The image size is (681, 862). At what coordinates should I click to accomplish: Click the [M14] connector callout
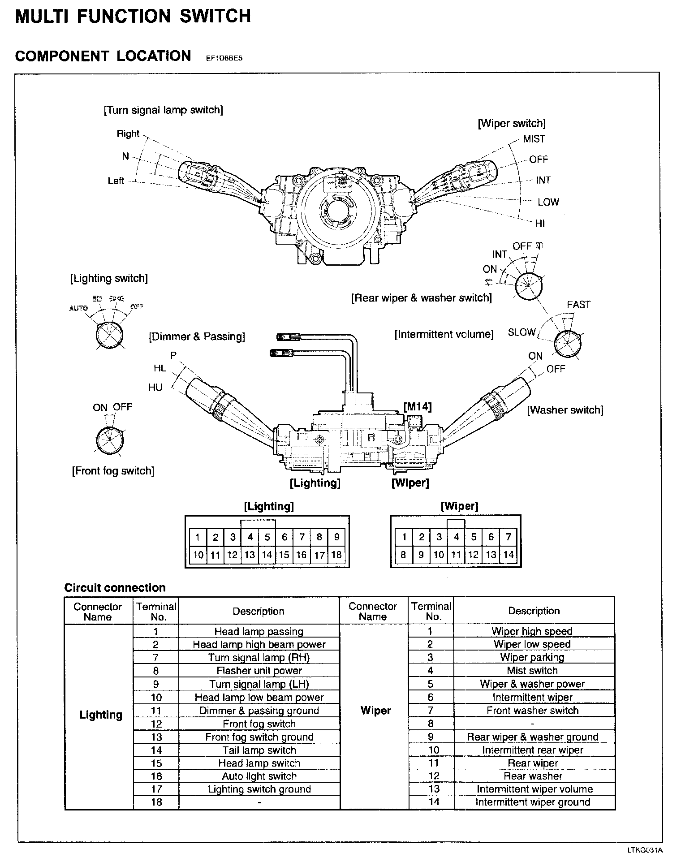pyautogui.click(x=418, y=406)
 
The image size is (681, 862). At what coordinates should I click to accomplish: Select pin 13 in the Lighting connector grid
pyautogui.click(x=250, y=555)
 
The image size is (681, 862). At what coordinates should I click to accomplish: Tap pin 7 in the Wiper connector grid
pyautogui.click(x=508, y=537)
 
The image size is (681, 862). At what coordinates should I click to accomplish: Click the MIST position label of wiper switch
pyautogui.click(x=534, y=139)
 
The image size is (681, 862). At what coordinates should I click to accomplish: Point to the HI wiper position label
pyautogui.click(x=539, y=223)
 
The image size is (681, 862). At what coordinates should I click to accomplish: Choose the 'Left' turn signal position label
pyautogui.click(x=116, y=181)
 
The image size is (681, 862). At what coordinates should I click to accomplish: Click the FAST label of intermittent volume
pyautogui.click(x=578, y=305)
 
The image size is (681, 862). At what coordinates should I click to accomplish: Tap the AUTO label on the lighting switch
pyautogui.click(x=78, y=308)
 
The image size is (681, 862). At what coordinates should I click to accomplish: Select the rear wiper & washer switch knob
pyautogui.click(x=529, y=286)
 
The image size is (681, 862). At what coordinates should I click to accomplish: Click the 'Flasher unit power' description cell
pyautogui.click(x=259, y=671)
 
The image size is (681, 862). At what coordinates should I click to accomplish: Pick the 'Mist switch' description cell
pyautogui.click(x=532, y=671)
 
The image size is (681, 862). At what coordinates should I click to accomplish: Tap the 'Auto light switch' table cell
pyautogui.click(x=259, y=776)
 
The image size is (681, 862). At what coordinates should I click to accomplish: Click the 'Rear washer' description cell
pyautogui.click(x=532, y=776)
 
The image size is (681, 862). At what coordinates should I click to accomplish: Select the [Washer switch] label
pyautogui.click(x=565, y=410)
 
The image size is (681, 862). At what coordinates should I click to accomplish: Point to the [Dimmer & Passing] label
pyautogui.click(x=197, y=336)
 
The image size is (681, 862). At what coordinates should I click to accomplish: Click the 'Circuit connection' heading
pyautogui.click(x=115, y=588)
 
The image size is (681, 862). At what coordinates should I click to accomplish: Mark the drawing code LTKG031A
pyautogui.click(x=644, y=850)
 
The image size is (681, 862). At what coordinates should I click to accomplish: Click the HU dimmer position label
pyautogui.click(x=155, y=388)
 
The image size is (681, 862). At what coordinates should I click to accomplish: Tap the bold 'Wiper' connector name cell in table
pyautogui.click(x=375, y=711)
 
